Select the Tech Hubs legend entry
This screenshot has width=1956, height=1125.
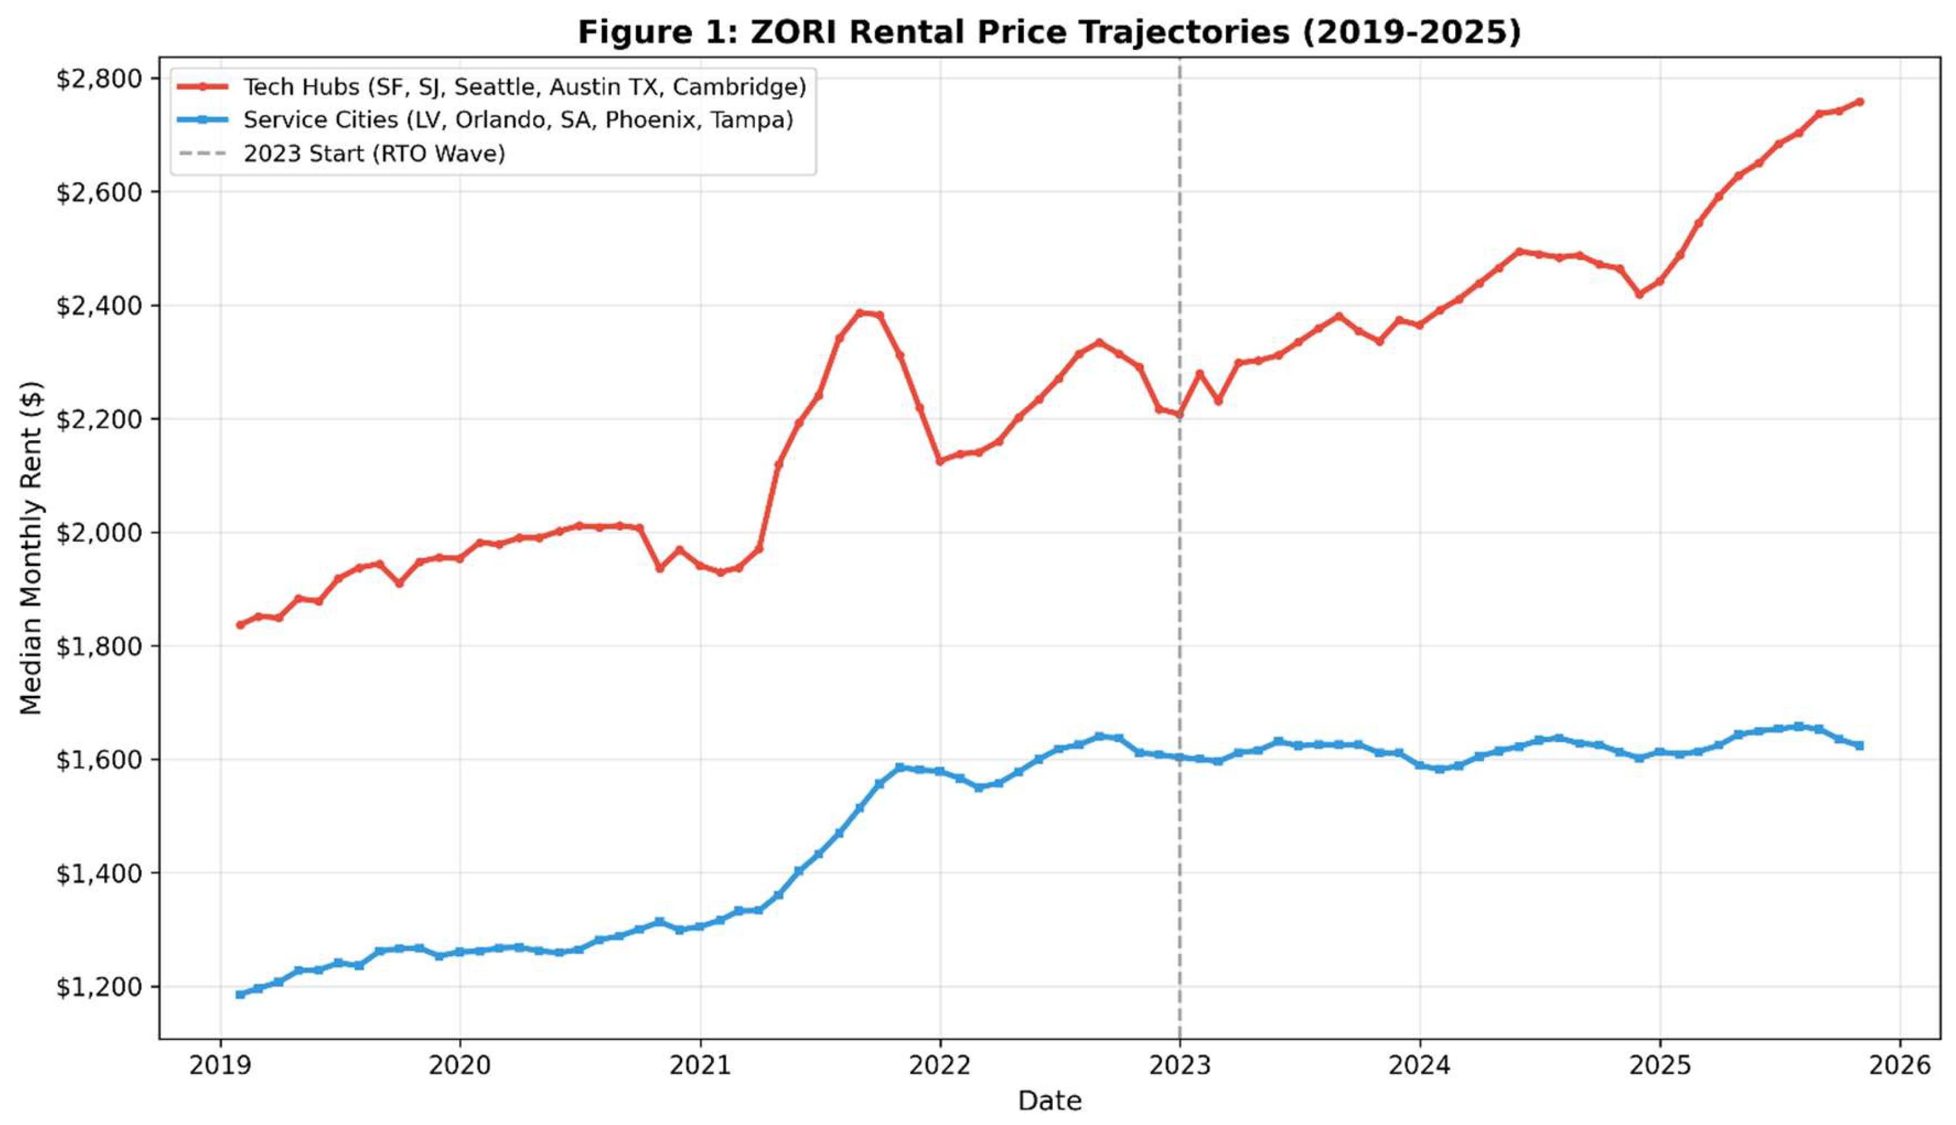[491, 87]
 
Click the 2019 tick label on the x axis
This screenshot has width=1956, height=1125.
[221, 1066]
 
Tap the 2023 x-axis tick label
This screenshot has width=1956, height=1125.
[1179, 1066]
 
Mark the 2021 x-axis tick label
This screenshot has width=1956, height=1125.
[700, 1066]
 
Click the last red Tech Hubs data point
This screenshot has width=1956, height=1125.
[1859, 101]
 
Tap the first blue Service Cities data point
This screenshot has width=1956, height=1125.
[240, 994]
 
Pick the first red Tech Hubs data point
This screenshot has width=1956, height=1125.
[240, 624]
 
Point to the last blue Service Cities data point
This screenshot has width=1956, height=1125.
[1859, 746]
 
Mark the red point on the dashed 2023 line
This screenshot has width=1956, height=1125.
[1179, 414]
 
